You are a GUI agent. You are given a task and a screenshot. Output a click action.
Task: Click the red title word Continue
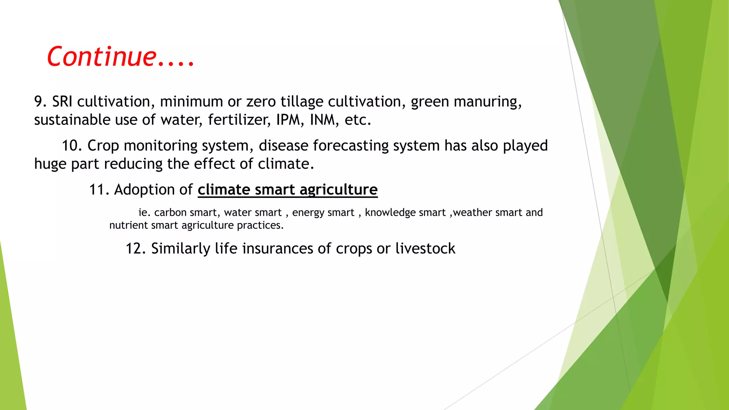click(102, 57)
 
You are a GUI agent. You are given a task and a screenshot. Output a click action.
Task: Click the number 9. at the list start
click(40, 102)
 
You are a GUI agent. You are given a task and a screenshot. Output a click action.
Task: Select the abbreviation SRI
click(62, 102)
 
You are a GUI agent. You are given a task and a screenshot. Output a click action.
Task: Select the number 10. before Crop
click(72, 146)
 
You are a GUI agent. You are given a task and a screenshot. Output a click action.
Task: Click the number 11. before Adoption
click(99, 190)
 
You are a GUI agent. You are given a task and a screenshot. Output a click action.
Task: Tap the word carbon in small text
click(170, 212)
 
